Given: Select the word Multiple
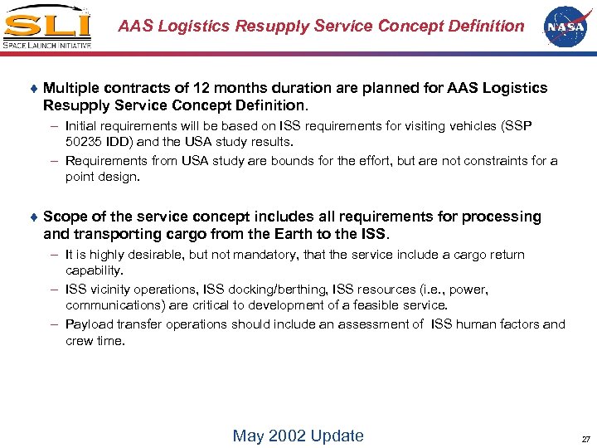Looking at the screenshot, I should tap(72, 88).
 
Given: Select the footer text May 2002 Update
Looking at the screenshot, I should tap(298, 436).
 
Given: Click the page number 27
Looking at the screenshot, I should tap(585, 439).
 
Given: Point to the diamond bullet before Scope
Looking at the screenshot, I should tap(34, 217).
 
